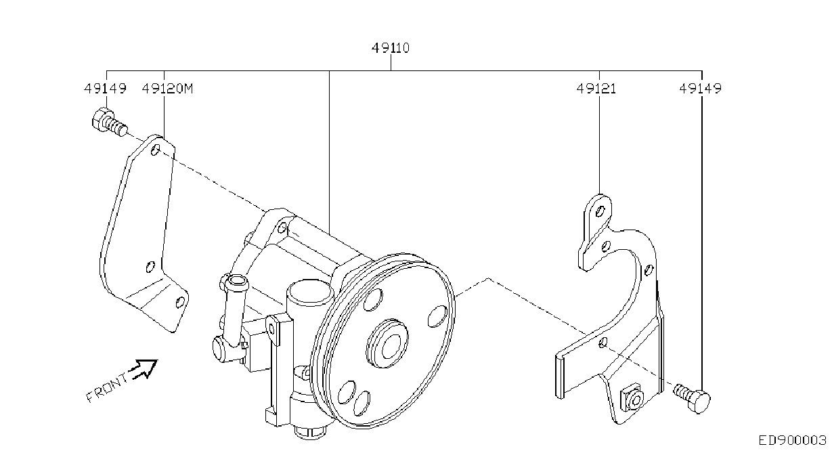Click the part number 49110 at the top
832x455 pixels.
click(391, 48)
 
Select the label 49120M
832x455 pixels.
click(167, 89)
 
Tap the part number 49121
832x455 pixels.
click(596, 89)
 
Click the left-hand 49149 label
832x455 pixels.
click(105, 89)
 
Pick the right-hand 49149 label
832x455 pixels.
click(700, 89)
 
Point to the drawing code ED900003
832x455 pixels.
click(792, 441)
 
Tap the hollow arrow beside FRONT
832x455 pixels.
click(144, 369)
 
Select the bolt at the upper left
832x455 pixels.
click(109, 122)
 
